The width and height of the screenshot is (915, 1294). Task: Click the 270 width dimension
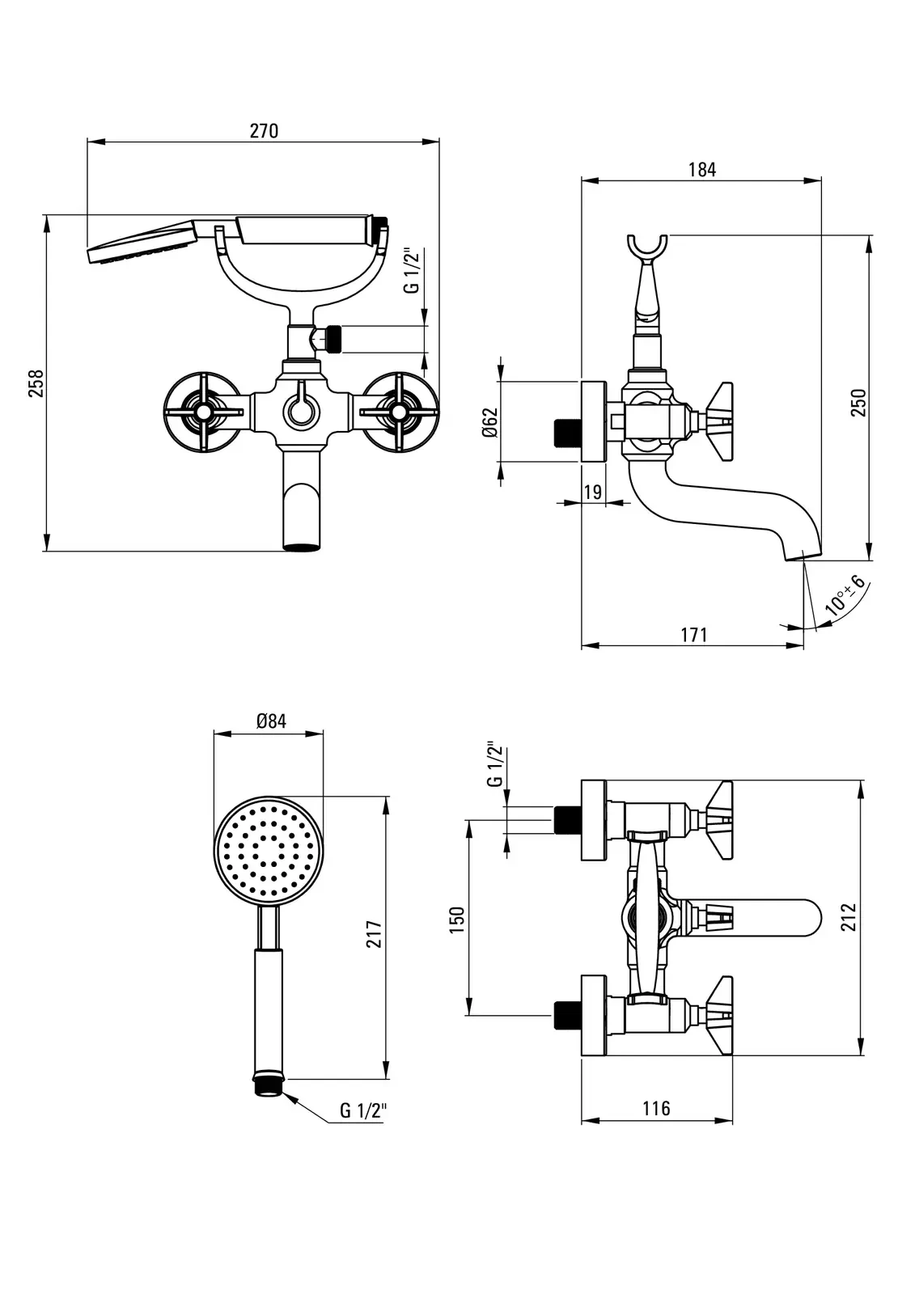264,131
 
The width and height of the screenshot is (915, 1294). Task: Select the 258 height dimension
35,383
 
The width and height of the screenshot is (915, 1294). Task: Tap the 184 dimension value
701,170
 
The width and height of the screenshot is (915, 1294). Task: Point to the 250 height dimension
858,402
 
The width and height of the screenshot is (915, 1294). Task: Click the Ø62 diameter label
489,421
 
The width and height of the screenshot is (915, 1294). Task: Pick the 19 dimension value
592,492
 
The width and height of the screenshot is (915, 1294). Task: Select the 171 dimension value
693,635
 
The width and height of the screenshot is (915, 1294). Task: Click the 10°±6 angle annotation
845,597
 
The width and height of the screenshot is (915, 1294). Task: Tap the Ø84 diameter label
271,721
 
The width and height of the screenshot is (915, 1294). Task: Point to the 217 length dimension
374,936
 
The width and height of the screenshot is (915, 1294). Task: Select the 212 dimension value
848,917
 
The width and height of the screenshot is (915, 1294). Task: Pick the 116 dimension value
656,1108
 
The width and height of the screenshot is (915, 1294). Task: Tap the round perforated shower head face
269,851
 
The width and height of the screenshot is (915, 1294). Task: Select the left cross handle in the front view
201,413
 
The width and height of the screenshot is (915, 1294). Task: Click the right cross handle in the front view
399,413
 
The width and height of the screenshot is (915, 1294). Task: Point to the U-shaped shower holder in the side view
647,247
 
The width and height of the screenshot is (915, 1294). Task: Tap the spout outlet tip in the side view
804,555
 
